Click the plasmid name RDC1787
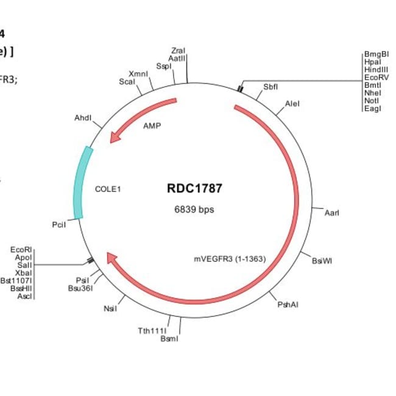[x=194, y=188]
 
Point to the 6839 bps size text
[x=194, y=210]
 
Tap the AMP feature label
[x=152, y=126]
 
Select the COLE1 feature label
[x=108, y=189]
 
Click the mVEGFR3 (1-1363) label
[x=230, y=258]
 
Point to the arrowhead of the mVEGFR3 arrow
[x=111, y=258]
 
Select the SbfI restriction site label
[x=270, y=87]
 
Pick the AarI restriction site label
[x=332, y=213]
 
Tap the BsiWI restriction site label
[x=322, y=261]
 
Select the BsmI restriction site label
[x=169, y=338]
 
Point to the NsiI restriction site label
[x=110, y=309]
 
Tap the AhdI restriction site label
[x=82, y=118]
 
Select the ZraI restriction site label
[x=179, y=51]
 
